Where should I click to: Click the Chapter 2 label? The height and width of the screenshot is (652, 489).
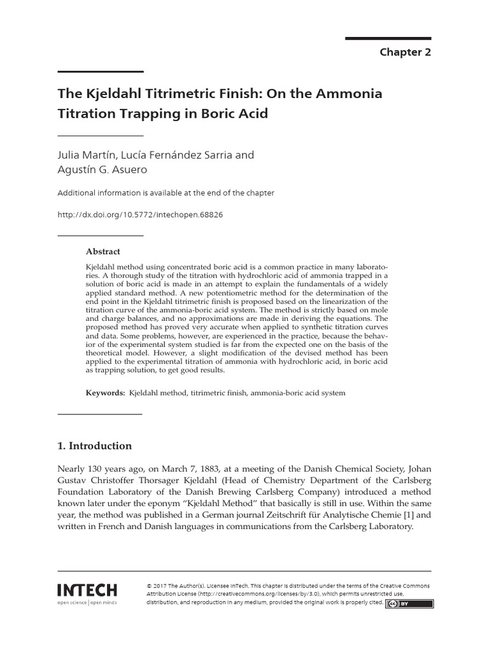tap(405, 52)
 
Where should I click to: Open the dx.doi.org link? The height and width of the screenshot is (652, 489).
tap(140, 215)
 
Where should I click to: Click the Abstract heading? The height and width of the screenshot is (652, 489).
tap(103, 252)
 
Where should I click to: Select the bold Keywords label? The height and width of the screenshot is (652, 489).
tap(106, 393)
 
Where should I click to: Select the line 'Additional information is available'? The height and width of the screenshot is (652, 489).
tap(166, 193)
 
